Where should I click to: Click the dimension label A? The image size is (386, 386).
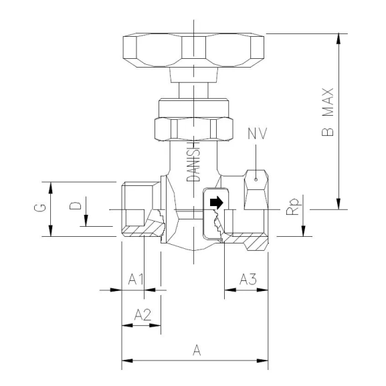[x=195, y=349]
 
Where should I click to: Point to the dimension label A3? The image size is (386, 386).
[x=248, y=278]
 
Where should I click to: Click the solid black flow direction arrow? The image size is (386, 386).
[x=215, y=201]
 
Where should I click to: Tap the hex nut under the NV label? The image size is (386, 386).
[x=257, y=191]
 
